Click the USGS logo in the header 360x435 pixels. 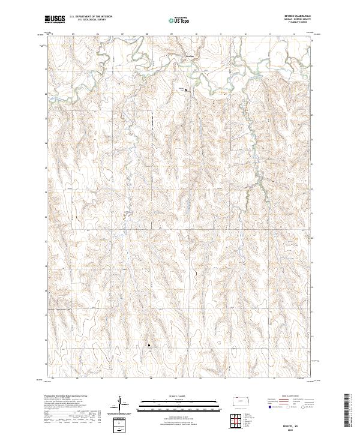55,20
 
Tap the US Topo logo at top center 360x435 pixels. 181,20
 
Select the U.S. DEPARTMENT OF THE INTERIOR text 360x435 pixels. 91,17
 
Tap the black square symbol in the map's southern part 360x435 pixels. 150,345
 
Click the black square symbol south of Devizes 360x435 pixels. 185,91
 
